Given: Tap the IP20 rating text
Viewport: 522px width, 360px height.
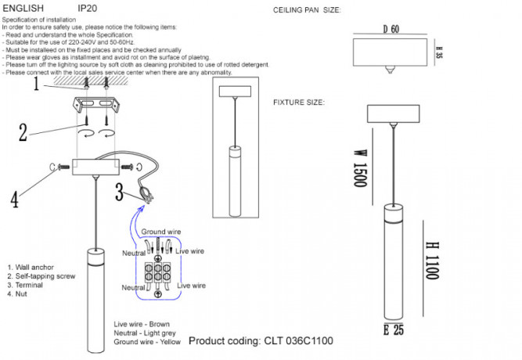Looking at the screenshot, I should [x=88, y=6].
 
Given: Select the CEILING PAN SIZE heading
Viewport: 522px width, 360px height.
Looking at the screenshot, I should [x=308, y=10].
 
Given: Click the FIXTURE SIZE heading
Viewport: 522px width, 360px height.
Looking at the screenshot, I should [x=299, y=103].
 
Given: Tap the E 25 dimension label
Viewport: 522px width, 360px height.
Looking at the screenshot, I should [x=394, y=329].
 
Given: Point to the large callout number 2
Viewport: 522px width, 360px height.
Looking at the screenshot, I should [x=23, y=131].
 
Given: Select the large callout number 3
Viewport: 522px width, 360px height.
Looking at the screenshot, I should [x=119, y=190].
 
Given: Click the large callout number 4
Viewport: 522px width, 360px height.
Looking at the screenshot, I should [x=14, y=200].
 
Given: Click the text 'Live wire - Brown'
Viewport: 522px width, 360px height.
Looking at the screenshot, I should [x=141, y=324].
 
